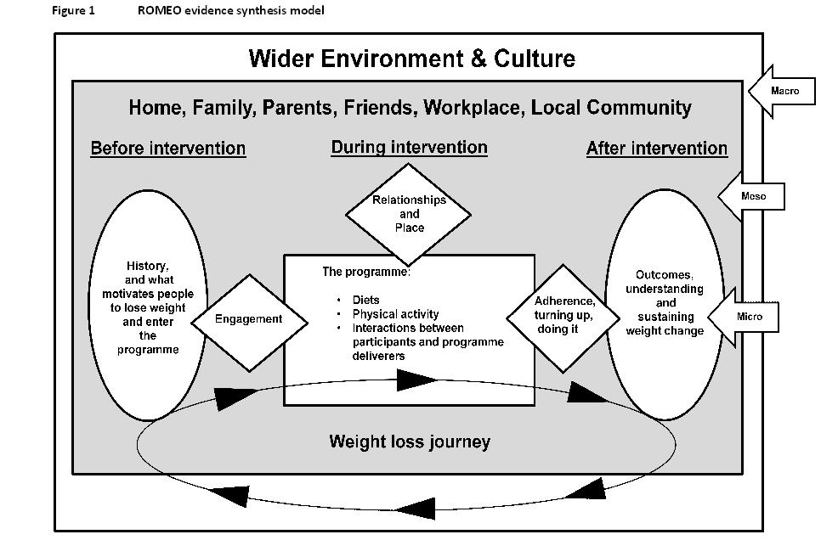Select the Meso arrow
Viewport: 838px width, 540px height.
click(752, 197)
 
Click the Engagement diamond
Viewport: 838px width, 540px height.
click(248, 320)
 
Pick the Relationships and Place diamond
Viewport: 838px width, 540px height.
click(409, 214)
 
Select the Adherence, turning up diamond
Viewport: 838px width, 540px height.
click(563, 316)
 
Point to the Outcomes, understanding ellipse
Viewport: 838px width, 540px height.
click(665, 303)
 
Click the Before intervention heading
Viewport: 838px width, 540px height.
click(167, 149)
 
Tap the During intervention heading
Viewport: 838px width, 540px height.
click(409, 147)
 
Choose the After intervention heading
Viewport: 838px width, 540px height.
click(656, 149)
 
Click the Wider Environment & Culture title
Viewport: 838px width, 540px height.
click(411, 59)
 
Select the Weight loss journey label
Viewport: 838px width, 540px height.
click(409, 442)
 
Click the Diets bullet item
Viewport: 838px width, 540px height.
click(366, 301)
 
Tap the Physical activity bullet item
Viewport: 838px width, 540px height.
click(395, 314)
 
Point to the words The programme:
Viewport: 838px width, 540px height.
click(366, 273)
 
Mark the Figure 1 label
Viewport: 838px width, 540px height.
click(74, 10)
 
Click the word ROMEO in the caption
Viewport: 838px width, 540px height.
click(157, 10)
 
